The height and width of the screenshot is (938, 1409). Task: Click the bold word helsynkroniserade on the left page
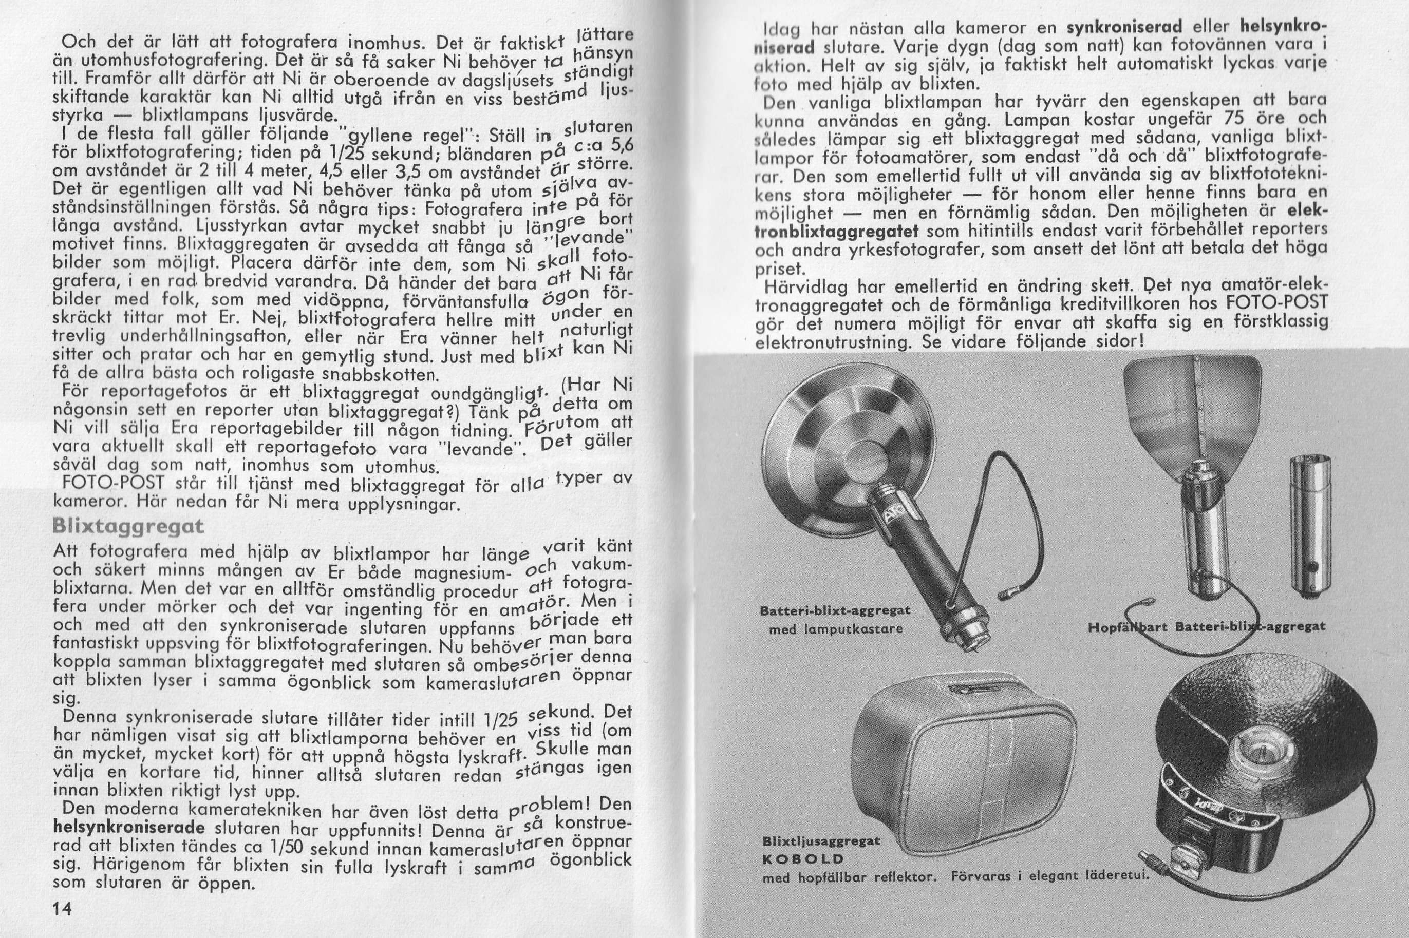pyautogui.click(x=129, y=829)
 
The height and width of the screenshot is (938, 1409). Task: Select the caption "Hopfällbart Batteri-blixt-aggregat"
pyautogui.click(x=1206, y=627)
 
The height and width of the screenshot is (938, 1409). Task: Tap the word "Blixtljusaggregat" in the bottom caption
pyautogui.click(x=821, y=841)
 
